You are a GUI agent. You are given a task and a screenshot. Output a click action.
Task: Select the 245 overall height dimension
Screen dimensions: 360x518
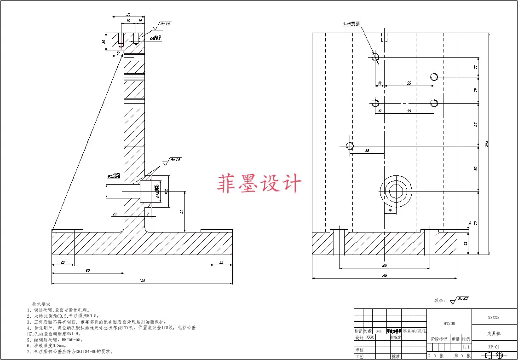tap(486, 144)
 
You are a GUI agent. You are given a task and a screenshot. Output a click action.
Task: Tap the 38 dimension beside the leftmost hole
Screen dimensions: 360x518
tap(367, 151)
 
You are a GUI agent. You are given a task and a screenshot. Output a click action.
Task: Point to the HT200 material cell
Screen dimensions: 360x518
tap(449, 324)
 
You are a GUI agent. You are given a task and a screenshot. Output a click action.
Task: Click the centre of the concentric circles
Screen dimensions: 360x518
tap(396, 190)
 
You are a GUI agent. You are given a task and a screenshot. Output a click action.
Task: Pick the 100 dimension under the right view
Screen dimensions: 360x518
tap(384, 265)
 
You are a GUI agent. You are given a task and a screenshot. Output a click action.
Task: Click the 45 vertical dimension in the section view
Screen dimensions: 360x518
tap(182, 212)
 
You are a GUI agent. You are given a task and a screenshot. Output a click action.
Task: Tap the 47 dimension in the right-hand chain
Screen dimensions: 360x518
tap(476, 124)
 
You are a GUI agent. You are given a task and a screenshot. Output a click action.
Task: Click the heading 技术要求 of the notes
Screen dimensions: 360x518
tap(41, 304)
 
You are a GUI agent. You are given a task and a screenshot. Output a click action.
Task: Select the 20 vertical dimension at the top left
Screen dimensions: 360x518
tap(104, 42)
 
